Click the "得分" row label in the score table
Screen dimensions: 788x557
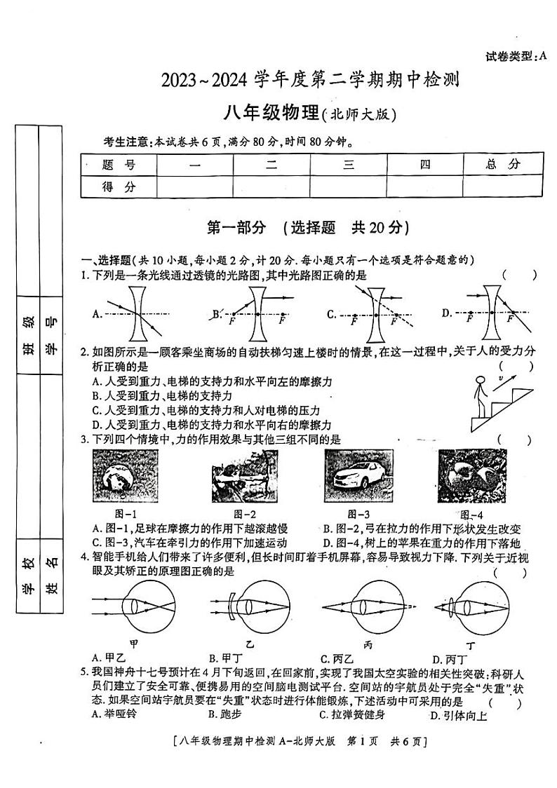tap(119, 187)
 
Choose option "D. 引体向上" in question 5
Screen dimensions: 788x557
tap(459, 715)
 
